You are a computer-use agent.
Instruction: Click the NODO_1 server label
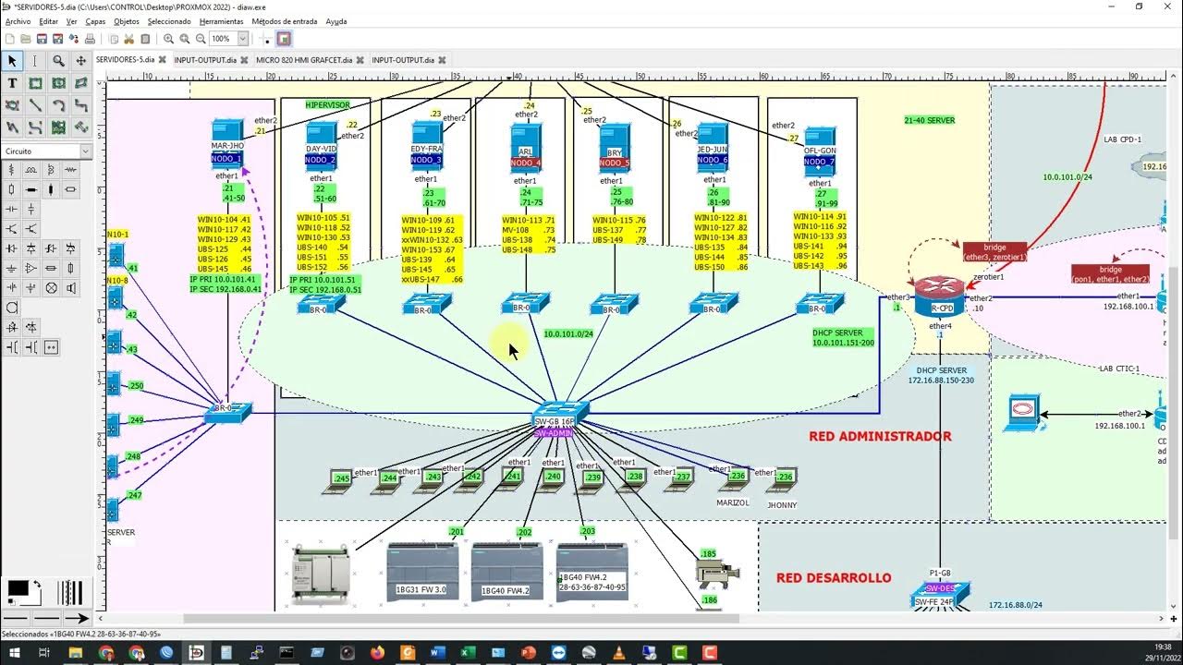point(226,159)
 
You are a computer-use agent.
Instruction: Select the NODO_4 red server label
point(525,163)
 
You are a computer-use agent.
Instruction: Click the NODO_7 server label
point(819,162)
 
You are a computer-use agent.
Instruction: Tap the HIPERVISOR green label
point(328,105)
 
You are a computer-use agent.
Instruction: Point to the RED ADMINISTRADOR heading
point(880,436)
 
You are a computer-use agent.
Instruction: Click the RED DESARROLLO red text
point(834,578)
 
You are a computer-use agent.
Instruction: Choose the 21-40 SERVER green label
point(929,120)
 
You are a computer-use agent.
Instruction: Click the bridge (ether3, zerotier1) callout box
point(994,252)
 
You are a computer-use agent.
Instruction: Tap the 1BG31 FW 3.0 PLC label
point(421,589)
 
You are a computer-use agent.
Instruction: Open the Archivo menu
point(18,21)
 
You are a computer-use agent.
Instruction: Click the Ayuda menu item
point(336,21)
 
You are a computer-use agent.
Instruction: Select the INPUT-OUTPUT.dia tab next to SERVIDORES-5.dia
point(207,60)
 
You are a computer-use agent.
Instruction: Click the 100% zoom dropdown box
point(228,39)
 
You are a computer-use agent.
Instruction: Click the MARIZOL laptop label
point(733,503)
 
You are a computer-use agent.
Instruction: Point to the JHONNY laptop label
point(782,505)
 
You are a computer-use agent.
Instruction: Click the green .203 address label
point(588,532)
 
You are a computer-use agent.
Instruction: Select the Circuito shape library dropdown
point(47,151)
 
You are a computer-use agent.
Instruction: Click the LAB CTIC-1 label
point(1119,369)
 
